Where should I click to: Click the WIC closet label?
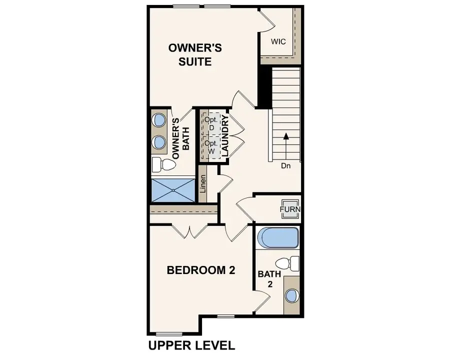pyautogui.click(x=278, y=41)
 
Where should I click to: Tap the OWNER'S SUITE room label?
pyautogui.click(x=195, y=55)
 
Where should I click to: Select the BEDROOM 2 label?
pyautogui.click(x=200, y=270)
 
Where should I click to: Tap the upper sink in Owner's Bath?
pyautogui.click(x=159, y=120)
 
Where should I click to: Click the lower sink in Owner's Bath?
pyautogui.click(x=159, y=142)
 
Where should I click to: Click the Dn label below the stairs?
pyautogui.click(x=285, y=166)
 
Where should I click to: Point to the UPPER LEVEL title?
pyautogui.click(x=191, y=345)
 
